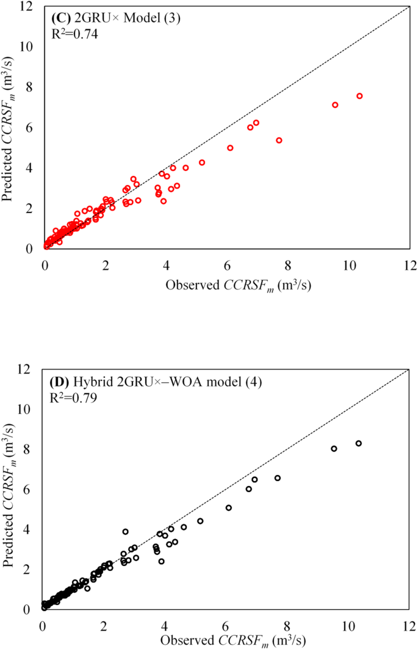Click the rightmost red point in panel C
click(359, 96)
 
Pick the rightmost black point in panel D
click(358, 443)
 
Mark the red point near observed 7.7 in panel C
click(279, 140)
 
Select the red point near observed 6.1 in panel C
click(230, 148)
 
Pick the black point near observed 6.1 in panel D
click(228, 507)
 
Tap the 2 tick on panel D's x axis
click(104, 627)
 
